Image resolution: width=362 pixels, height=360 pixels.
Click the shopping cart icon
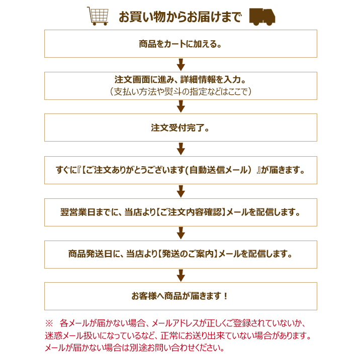click(98, 16)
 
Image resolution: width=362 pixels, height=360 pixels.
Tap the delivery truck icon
click(262, 17)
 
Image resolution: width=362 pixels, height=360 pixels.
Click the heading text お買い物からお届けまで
click(180, 17)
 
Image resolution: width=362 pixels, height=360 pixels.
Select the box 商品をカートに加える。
click(180, 44)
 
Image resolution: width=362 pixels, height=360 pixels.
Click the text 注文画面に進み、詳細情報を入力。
click(180, 79)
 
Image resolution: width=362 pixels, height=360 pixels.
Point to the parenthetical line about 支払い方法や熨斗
click(180, 92)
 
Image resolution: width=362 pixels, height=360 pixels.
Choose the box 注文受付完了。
click(180, 128)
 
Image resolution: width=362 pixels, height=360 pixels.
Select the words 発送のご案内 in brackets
click(188, 254)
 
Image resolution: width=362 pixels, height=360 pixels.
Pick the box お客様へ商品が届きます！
click(180, 296)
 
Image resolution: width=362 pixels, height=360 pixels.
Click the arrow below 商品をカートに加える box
click(181, 65)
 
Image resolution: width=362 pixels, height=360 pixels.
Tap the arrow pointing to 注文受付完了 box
click(181, 106)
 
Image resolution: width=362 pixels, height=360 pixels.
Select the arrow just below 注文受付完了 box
click(181, 149)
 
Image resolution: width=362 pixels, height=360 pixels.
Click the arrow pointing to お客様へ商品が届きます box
click(181, 276)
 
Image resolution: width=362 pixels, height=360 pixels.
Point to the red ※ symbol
click(49, 323)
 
